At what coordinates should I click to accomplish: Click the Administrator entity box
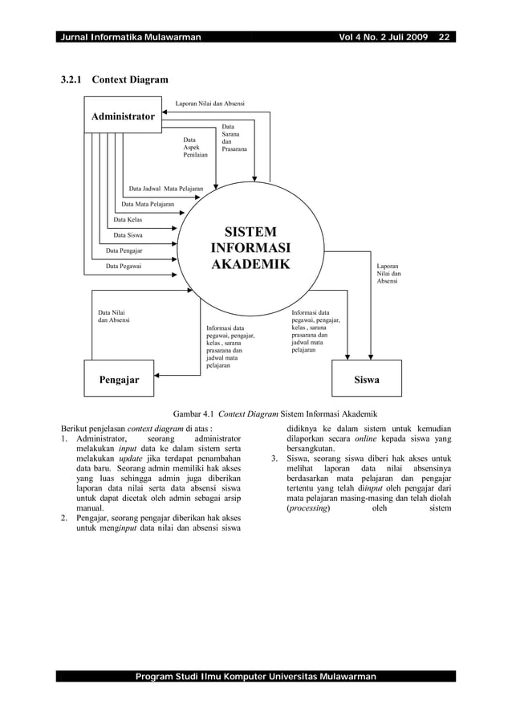tap(122, 116)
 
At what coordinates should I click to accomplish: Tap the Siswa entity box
tap(367, 379)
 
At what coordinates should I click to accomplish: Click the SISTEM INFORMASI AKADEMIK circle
tap(250, 249)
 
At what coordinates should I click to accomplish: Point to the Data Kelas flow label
tap(128, 219)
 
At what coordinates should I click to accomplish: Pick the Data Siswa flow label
tap(129, 235)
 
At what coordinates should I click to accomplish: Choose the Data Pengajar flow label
tap(124, 250)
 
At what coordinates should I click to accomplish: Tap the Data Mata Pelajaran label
tap(148, 204)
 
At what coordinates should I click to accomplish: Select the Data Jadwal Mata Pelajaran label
tap(165, 189)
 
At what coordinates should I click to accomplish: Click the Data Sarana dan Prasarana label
tap(234, 138)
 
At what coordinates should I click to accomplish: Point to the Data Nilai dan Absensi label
tap(112, 316)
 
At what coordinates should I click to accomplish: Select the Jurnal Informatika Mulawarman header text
tap(129, 37)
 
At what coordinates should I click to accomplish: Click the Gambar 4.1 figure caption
tap(256, 413)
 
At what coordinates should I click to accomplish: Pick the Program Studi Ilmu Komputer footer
tap(255, 677)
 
